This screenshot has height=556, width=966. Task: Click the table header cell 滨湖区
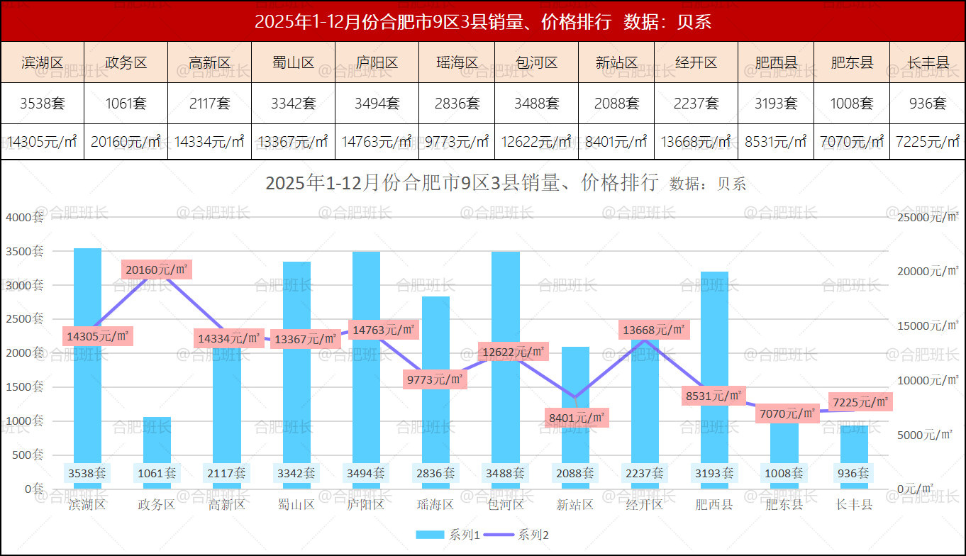[43, 62]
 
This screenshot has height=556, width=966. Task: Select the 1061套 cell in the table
[126, 104]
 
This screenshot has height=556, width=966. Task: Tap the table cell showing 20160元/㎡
[126, 142]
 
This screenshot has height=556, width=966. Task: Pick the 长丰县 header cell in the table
[928, 62]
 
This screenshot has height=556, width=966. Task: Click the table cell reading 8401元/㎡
[616, 142]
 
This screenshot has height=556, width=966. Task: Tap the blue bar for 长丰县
[854, 447]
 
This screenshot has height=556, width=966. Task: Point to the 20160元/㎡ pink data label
[157, 269]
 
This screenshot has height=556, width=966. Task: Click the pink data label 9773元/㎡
[435, 379]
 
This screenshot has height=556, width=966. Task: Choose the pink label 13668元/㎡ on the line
[654, 330]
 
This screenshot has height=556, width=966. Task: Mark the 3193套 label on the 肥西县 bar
[714, 473]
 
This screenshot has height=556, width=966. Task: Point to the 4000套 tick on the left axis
[25, 217]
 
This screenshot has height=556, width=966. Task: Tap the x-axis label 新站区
[574, 505]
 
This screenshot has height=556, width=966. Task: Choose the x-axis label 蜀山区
[296, 505]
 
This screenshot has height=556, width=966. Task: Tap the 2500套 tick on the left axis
[25, 319]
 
